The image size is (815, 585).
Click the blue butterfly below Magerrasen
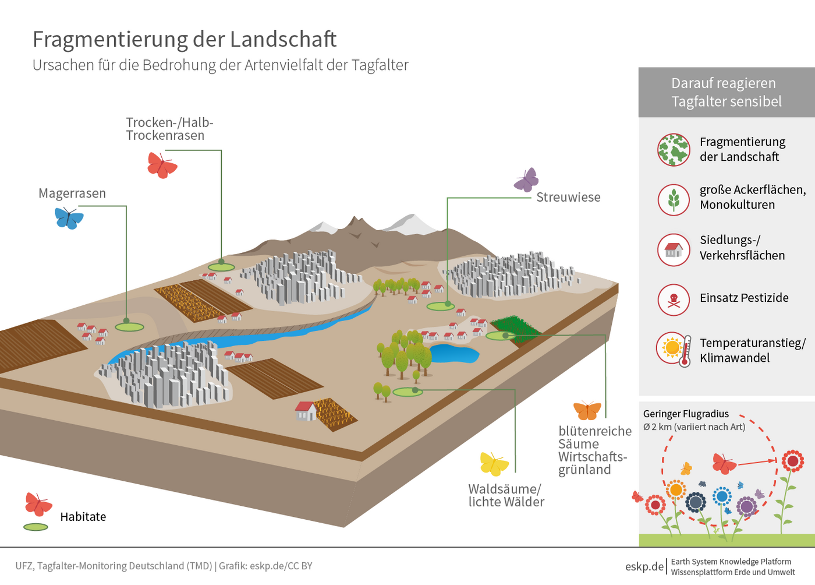point(69,219)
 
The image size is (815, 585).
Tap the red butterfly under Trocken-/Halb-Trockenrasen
point(162,165)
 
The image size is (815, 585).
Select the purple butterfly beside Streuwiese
point(527,180)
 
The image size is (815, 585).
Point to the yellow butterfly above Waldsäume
point(494,464)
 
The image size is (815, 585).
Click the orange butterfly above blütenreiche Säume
point(587,410)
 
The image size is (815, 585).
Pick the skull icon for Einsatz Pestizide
point(674,299)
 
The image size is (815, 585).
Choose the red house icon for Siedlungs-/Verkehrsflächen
point(674,250)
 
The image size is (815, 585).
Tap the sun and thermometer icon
point(674,349)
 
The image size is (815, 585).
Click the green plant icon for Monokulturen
point(674,199)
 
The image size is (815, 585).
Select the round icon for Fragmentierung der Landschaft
point(674,150)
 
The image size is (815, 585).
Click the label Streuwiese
point(568,198)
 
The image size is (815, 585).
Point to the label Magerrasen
point(72,193)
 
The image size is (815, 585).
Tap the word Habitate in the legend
point(83,517)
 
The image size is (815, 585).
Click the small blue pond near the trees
point(453,353)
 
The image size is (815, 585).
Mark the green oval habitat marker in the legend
point(36,527)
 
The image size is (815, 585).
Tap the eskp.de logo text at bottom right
point(644,566)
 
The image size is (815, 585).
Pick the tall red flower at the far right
point(792,461)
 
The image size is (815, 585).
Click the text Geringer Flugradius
point(686,414)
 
